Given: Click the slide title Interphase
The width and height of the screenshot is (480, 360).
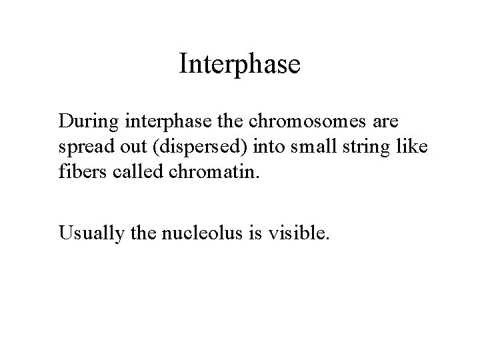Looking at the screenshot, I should [240, 64].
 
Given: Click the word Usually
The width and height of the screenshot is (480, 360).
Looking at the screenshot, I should [85, 233].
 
